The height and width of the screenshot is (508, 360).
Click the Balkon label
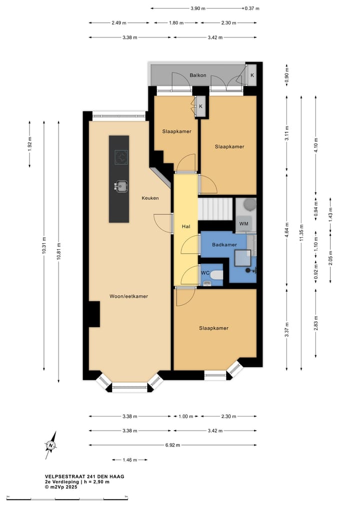tap(198, 75)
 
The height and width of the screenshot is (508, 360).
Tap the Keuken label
tap(150, 198)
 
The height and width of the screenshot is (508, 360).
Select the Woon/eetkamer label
tap(129, 296)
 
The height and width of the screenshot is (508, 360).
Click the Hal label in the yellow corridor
tap(186, 226)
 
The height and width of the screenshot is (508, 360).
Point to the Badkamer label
tap(224, 245)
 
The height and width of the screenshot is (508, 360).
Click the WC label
tap(205, 273)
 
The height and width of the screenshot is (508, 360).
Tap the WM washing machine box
tap(244, 224)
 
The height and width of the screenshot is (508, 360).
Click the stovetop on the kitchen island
tap(121, 157)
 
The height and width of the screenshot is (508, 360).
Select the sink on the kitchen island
tap(121, 186)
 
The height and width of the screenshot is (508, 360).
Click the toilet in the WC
tap(216, 275)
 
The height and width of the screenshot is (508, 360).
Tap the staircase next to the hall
tap(215, 209)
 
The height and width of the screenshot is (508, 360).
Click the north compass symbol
tap(51, 445)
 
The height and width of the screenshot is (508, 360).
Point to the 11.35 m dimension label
tap(301, 233)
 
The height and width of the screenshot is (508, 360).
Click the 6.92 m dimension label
tap(172, 445)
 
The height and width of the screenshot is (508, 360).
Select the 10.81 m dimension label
tap(58, 251)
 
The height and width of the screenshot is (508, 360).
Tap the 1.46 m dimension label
tap(129, 460)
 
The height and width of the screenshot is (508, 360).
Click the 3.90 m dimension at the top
tap(198, 8)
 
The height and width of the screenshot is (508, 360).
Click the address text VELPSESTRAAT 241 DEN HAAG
tap(84, 477)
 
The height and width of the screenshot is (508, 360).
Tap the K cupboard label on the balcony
tap(252, 75)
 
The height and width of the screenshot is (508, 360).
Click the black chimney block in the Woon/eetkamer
tap(94, 314)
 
